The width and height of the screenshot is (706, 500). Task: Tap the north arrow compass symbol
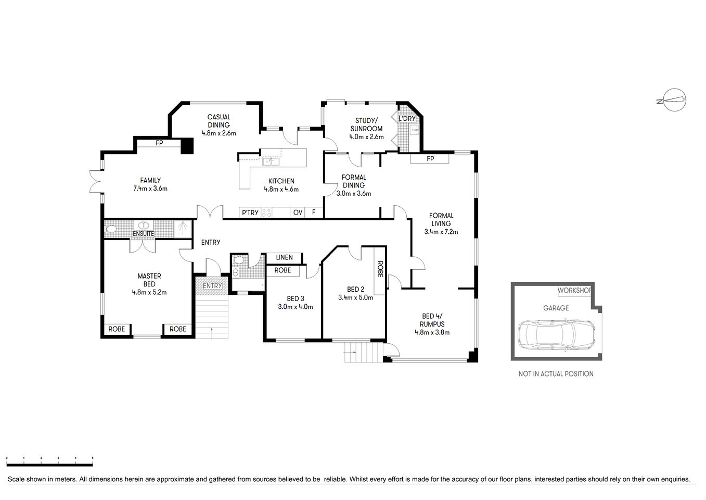[x=671, y=100]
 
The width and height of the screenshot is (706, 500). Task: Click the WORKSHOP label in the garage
[x=575, y=290]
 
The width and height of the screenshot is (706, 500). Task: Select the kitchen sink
[x=269, y=161]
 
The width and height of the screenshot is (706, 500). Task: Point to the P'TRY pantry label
[x=249, y=213]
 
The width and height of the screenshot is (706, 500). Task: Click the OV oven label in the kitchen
[x=298, y=213]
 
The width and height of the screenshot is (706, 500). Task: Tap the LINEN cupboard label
[x=284, y=257]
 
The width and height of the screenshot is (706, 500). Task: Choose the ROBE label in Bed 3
[x=283, y=270]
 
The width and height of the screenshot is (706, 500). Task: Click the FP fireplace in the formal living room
[x=430, y=158]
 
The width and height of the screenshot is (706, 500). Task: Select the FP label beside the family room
[x=159, y=143]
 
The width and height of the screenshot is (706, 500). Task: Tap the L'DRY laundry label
[x=406, y=119]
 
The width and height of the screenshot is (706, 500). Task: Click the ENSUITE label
[x=143, y=234]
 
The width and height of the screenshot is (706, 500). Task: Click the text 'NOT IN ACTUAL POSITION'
[x=556, y=373]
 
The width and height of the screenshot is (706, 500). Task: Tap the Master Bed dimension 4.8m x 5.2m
[x=149, y=292]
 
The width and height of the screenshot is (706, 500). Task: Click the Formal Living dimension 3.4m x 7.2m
[x=441, y=232]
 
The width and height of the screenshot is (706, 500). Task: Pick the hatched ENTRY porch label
[x=212, y=285]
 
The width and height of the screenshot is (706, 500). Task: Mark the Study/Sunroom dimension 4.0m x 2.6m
[x=366, y=137]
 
